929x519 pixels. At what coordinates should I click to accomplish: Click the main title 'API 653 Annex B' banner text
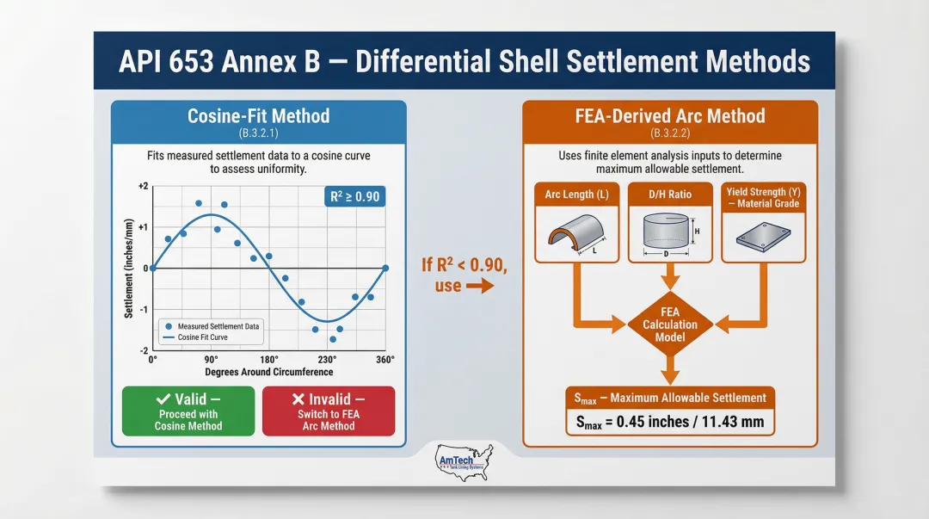[464, 62]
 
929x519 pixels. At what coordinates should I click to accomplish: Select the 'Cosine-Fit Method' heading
[258, 115]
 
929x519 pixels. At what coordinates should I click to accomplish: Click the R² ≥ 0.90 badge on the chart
[354, 197]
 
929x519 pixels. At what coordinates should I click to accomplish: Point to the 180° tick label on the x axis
[268, 360]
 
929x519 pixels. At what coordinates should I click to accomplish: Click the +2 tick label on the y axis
[143, 187]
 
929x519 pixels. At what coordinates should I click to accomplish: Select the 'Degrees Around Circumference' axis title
[268, 372]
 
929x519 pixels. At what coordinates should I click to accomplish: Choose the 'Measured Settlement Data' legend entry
[218, 326]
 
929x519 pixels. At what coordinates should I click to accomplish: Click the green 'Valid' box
[188, 411]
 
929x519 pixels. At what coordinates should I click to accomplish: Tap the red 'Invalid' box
[328, 411]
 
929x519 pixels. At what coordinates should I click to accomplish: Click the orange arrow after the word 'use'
[481, 286]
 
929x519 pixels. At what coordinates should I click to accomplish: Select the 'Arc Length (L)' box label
[576, 195]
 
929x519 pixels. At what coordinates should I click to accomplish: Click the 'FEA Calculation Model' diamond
[669, 324]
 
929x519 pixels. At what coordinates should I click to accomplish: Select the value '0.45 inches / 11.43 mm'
[670, 423]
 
